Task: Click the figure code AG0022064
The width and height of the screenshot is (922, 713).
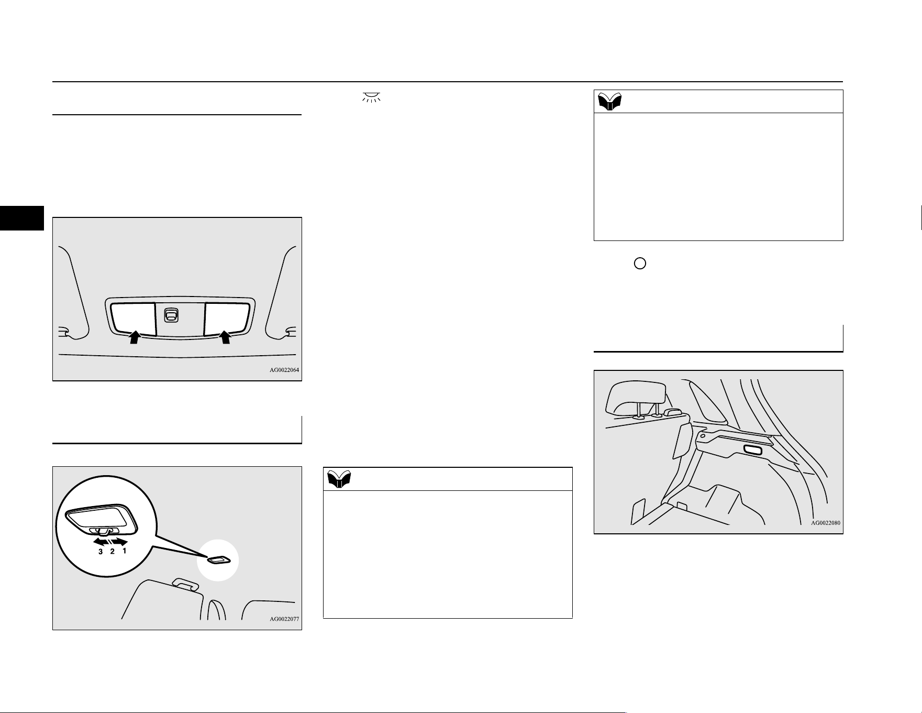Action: click(284, 370)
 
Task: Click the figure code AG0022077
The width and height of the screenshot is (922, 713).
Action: click(284, 619)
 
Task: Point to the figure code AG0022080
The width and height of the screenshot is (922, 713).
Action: click(826, 523)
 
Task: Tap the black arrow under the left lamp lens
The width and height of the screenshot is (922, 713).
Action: click(135, 336)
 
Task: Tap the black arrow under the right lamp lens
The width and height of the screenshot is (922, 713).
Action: click(225, 336)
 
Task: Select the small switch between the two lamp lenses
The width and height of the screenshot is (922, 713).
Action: click(171, 315)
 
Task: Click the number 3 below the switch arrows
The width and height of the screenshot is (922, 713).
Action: click(101, 552)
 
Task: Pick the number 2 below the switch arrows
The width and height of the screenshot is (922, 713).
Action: click(112, 552)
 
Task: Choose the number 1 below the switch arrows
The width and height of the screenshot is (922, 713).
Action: click(124, 551)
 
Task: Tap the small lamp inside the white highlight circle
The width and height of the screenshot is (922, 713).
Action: click(217, 561)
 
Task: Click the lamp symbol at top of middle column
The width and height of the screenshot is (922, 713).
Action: click(371, 97)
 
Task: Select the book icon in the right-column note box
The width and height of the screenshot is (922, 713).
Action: click(609, 102)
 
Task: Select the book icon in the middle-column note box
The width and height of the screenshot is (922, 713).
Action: click(339, 479)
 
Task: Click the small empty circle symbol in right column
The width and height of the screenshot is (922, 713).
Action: click(640, 264)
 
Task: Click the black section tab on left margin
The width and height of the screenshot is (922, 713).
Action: click(22, 218)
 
